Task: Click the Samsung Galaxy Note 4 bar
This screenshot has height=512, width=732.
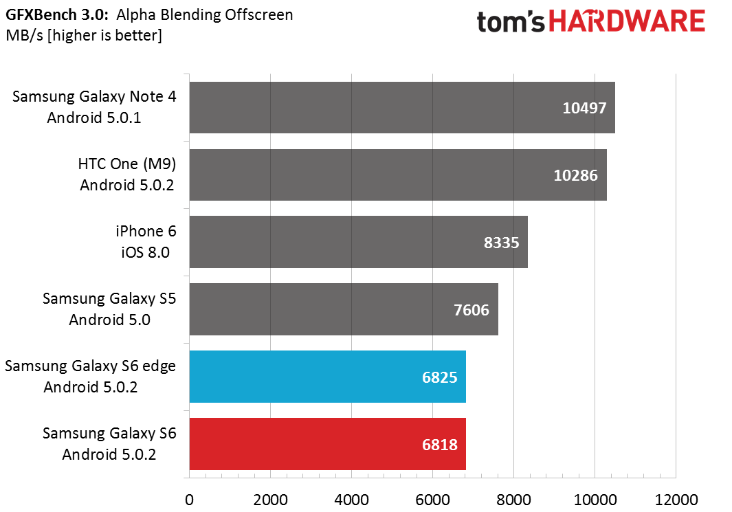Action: click(402, 107)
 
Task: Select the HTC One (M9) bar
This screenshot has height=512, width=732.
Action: click(398, 175)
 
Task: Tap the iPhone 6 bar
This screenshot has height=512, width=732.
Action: click(359, 242)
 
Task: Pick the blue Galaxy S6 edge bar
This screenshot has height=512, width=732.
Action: click(328, 377)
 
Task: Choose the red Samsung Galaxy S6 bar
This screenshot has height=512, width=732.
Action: click(328, 444)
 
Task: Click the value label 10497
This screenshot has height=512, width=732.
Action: click(584, 108)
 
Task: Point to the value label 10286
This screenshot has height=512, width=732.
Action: click(575, 175)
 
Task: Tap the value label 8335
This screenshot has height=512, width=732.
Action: click(501, 243)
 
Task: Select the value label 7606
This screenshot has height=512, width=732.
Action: click(472, 310)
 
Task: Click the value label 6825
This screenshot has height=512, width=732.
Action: click(439, 377)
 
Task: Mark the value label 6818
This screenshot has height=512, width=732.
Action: click(439, 445)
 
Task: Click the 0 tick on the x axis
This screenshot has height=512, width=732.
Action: click(189, 500)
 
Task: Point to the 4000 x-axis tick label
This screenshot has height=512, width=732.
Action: click(351, 500)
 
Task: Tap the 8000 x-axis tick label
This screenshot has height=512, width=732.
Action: click(513, 500)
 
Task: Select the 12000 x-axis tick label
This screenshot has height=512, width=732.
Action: click(676, 500)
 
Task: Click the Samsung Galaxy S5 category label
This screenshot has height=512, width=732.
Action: click(109, 309)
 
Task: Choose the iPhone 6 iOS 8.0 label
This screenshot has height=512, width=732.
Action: click(146, 242)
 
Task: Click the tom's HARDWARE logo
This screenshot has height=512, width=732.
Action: click(590, 21)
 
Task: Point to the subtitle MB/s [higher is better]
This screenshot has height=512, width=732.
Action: click(84, 36)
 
